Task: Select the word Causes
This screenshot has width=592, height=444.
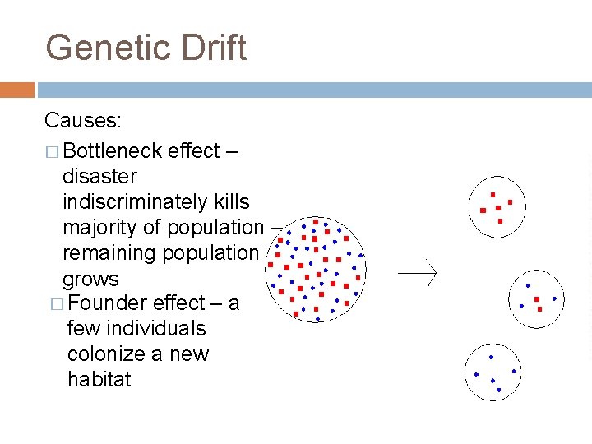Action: tap(83, 121)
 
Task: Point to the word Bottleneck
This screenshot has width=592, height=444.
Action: tap(112, 151)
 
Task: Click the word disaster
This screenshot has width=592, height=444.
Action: tap(99, 177)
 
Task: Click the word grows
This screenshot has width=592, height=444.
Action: tap(90, 279)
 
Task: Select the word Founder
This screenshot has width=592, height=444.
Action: tap(109, 304)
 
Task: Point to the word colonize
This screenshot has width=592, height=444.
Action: tap(108, 354)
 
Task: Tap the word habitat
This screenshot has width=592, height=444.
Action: tap(99, 380)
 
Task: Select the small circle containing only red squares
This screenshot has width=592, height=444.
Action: tap(496, 206)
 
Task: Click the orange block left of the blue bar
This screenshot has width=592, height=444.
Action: tap(17, 90)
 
